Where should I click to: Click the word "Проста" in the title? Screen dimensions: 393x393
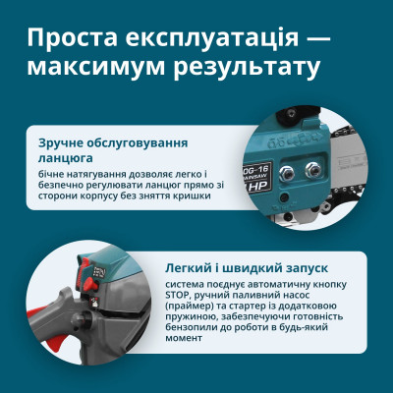pos(71,38)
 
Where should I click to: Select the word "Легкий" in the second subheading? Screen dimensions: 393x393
pos(190,267)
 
